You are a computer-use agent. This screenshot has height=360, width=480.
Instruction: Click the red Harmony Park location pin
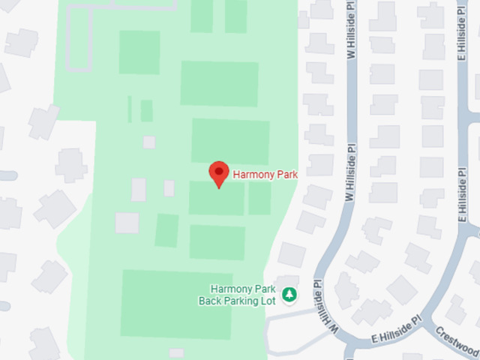pos(218,173)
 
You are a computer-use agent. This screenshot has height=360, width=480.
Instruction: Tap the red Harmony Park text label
pos(265,175)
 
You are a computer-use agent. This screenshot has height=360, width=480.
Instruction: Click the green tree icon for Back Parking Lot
pos(289,295)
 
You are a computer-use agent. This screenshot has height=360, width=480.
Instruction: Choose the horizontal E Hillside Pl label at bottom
pos(396,331)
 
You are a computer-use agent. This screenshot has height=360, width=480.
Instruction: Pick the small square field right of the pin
pos(259,199)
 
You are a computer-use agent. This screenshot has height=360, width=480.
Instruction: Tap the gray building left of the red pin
pos(169,188)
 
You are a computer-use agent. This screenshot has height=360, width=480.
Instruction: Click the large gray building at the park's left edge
pos(127,223)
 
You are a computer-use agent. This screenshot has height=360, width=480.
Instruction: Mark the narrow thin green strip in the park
pos(130,109)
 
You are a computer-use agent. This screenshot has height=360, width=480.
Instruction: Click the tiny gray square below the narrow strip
pos(148,142)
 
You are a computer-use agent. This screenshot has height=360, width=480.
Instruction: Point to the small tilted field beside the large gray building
pos(166,230)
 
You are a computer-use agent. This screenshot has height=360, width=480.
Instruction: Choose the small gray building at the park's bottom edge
pos(176,353)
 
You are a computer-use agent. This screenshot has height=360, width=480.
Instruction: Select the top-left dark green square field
pos(139,52)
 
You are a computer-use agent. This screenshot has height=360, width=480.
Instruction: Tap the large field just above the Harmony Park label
pos(230,140)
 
